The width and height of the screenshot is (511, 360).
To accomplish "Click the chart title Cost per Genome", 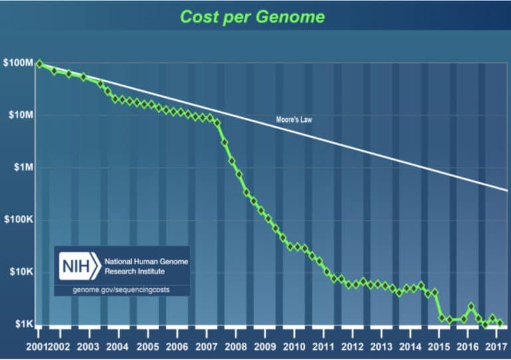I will coord(255,16).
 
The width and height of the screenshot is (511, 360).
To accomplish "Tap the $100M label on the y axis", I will coord(19,63).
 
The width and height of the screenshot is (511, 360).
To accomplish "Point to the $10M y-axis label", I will coord(20,115).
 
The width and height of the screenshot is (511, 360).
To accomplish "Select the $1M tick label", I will coord(22,168).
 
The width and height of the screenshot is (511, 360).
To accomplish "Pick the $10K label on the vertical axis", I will coord(21,272).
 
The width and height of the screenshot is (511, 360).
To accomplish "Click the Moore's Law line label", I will coord(293,120).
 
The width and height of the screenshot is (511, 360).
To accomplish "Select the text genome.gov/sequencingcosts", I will coord(122,291).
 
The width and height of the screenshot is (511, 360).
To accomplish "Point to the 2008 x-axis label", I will coord(236,347).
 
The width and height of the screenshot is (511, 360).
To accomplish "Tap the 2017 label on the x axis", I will coord(493,347).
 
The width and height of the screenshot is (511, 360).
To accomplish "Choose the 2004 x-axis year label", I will coord(118,347).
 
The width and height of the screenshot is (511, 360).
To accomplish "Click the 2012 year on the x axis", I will coord(353,347).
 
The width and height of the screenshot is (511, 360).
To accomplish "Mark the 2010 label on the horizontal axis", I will coord(294,347).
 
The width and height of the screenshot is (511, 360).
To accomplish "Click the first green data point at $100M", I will coord(39,64).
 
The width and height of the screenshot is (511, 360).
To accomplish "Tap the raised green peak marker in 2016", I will coord(471,307).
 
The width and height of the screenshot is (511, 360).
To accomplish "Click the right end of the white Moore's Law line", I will coord(507,190).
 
